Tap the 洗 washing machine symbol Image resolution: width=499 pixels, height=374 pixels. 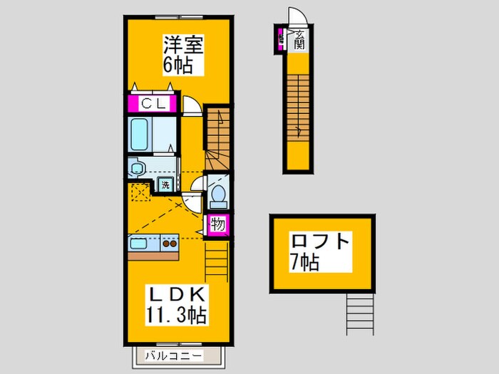[x=165, y=185]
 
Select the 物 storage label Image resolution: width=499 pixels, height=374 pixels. [x=219, y=225]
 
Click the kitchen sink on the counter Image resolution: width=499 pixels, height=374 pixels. [x=140, y=244]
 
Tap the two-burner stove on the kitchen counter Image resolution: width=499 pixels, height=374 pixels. [x=170, y=244]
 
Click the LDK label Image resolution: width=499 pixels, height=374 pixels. [x=176, y=294]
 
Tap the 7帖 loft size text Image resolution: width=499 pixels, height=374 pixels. [x=304, y=261]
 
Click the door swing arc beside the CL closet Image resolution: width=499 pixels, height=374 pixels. [x=191, y=106]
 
